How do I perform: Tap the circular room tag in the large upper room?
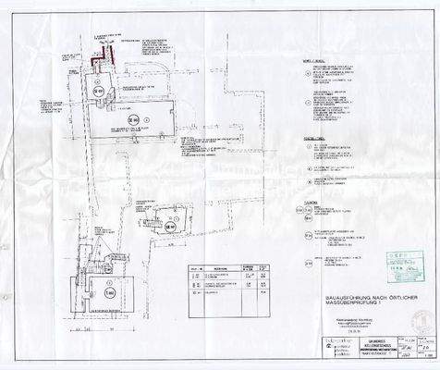132,119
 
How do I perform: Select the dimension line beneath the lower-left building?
106,327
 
